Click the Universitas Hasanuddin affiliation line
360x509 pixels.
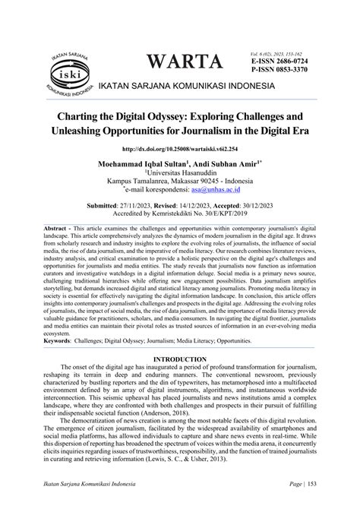pos(180,173)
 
